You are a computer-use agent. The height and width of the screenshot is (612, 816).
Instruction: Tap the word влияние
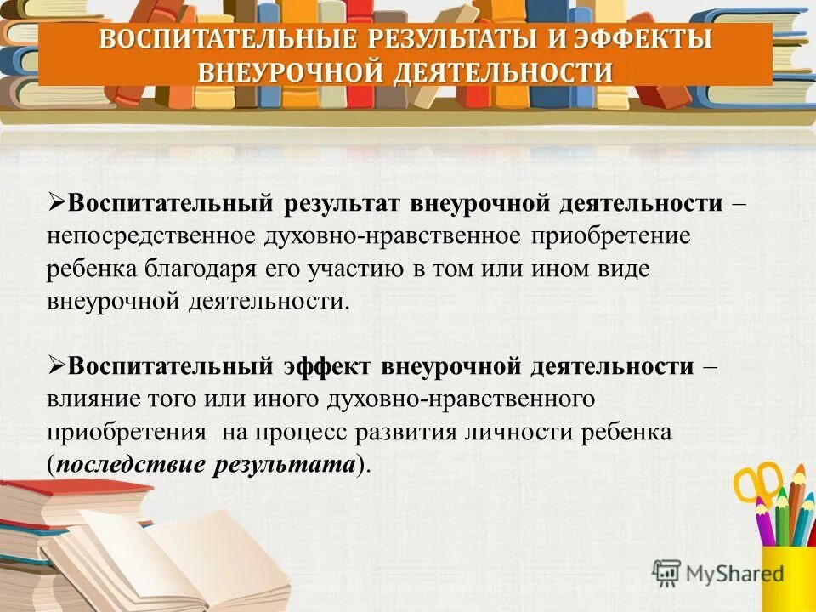point(86,399)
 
